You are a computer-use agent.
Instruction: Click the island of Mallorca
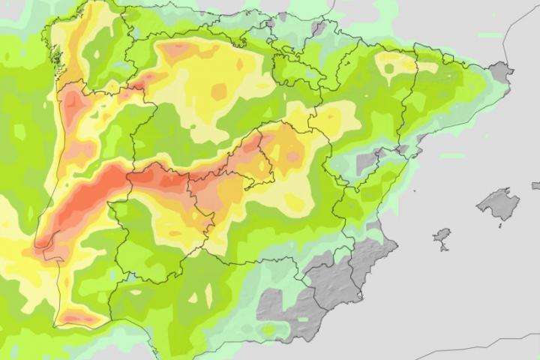pyautogui.click(x=497, y=203)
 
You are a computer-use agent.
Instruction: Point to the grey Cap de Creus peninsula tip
pyautogui.click(x=502, y=72)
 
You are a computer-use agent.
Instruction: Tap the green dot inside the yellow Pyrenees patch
pyautogui.click(x=388, y=69)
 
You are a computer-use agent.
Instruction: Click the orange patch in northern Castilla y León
pyautogui.click(x=178, y=51)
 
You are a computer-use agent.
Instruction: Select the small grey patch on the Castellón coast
pyautogui.click(x=367, y=162)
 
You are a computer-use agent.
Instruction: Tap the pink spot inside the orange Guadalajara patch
pyautogui.click(x=293, y=157)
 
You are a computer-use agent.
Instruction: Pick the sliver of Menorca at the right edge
pyautogui.click(x=535, y=185)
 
